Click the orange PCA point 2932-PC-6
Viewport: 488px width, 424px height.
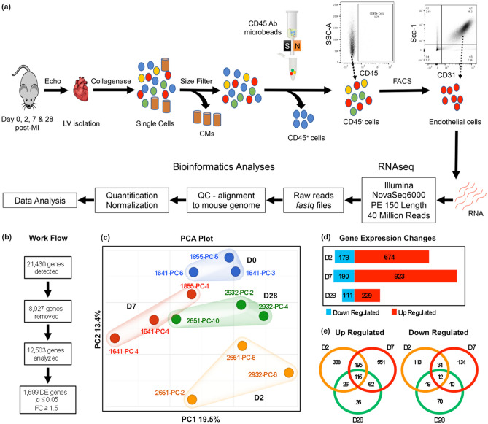[289, 374]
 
